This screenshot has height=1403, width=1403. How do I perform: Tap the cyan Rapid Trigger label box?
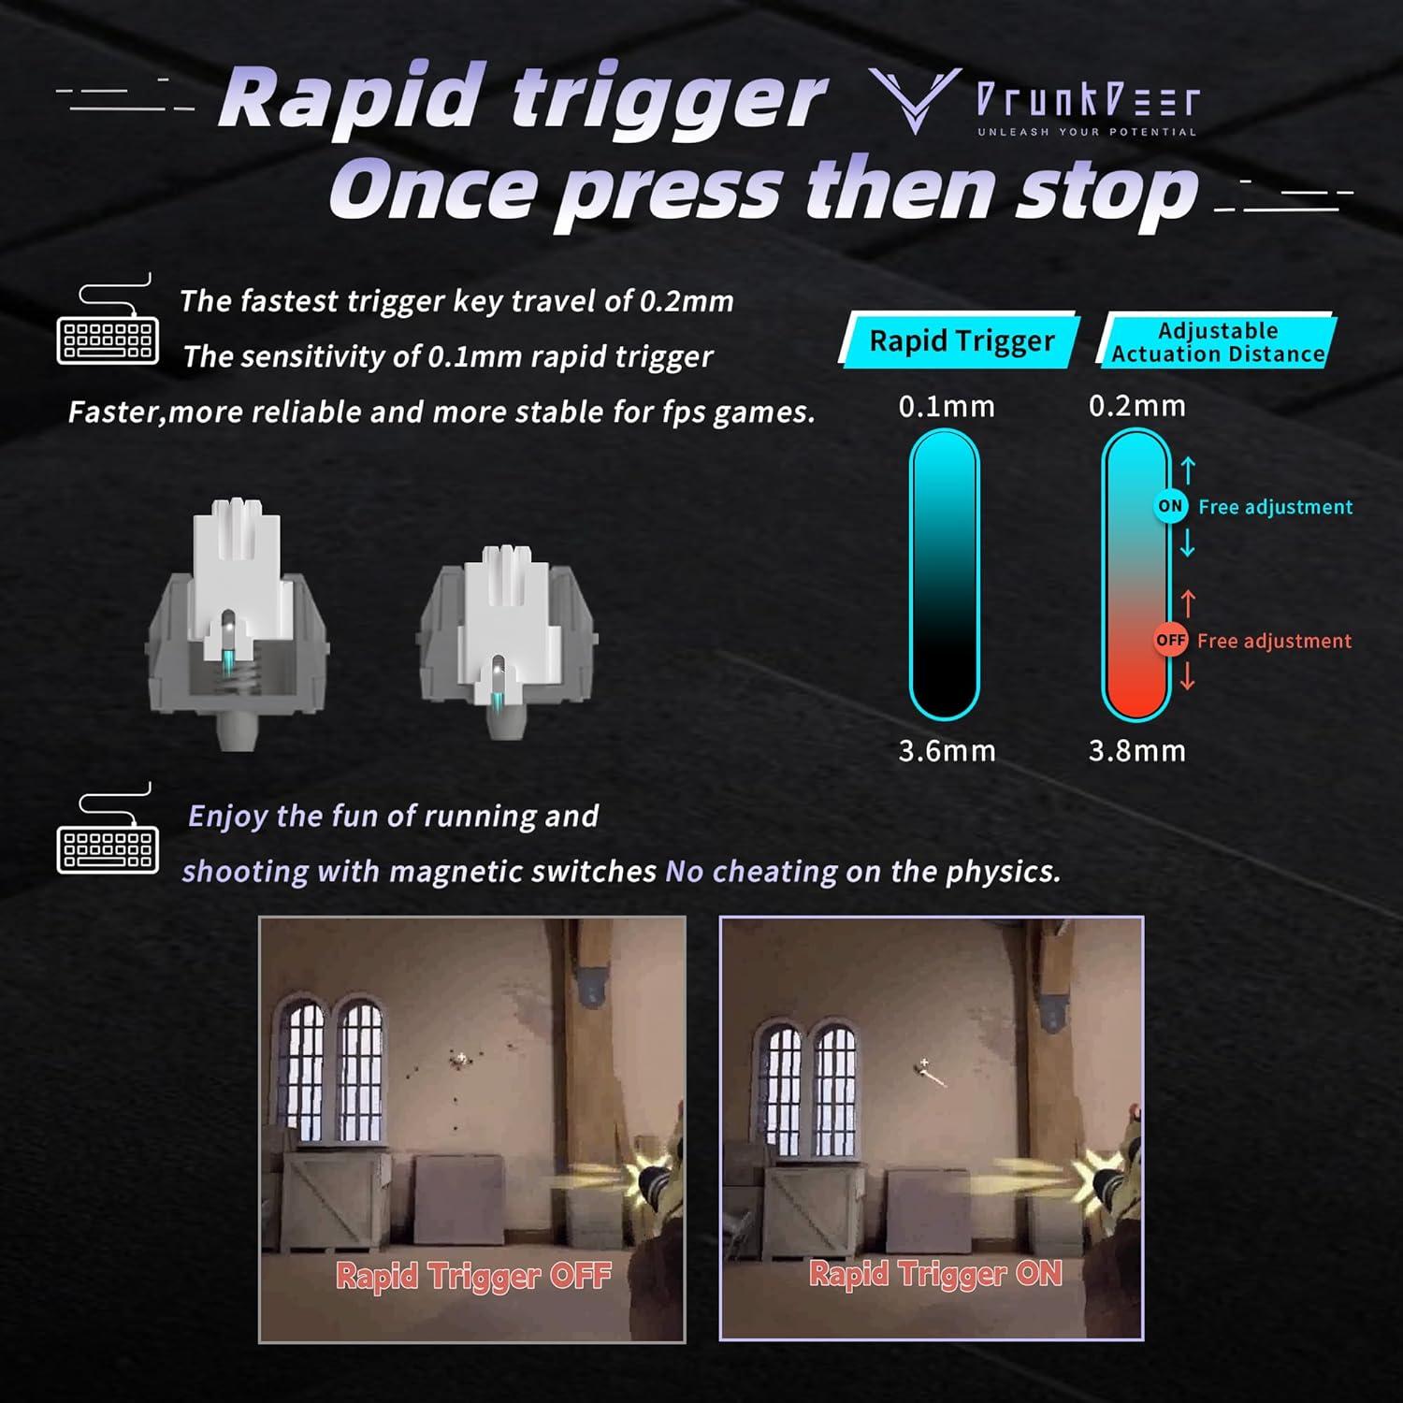[962, 340]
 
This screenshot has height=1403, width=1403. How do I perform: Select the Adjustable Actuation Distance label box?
[1217, 342]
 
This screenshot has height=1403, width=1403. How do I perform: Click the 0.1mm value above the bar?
[947, 407]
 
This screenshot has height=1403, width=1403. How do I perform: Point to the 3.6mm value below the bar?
[947, 751]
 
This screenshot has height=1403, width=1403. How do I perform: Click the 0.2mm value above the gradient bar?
[1136, 406]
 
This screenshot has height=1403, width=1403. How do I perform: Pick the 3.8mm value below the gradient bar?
[1136, 751]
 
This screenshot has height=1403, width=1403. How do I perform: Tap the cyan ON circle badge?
[1170, 506]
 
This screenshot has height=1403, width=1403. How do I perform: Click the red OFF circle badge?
[1170, 641]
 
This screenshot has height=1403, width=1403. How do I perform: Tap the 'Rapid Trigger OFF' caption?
[472, 1276]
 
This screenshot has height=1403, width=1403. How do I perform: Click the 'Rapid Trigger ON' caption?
[935, 1273]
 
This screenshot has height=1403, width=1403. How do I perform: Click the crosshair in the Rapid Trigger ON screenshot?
[924, 1063]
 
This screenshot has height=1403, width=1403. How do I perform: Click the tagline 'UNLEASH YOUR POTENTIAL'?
[1087, 132]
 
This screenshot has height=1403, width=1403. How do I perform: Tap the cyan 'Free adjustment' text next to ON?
[1275, 507]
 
